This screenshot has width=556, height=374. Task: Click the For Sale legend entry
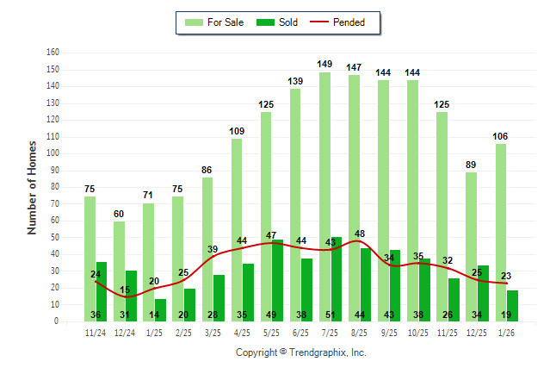(213, 22)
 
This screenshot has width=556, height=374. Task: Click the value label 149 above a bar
(324, 64)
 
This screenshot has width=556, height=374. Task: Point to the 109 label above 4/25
(237, 131)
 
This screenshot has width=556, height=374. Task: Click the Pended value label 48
(360, 234)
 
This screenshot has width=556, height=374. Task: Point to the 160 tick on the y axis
(53, 53)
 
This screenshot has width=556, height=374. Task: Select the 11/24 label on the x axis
(96, 332)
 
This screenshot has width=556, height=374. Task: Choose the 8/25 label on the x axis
(360, 332)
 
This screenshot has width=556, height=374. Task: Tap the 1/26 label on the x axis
(507, 332)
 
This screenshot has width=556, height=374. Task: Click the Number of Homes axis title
(32, 187)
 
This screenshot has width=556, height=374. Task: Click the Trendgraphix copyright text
(301, 352)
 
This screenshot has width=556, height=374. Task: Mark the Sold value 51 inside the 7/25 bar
(336, 315)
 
